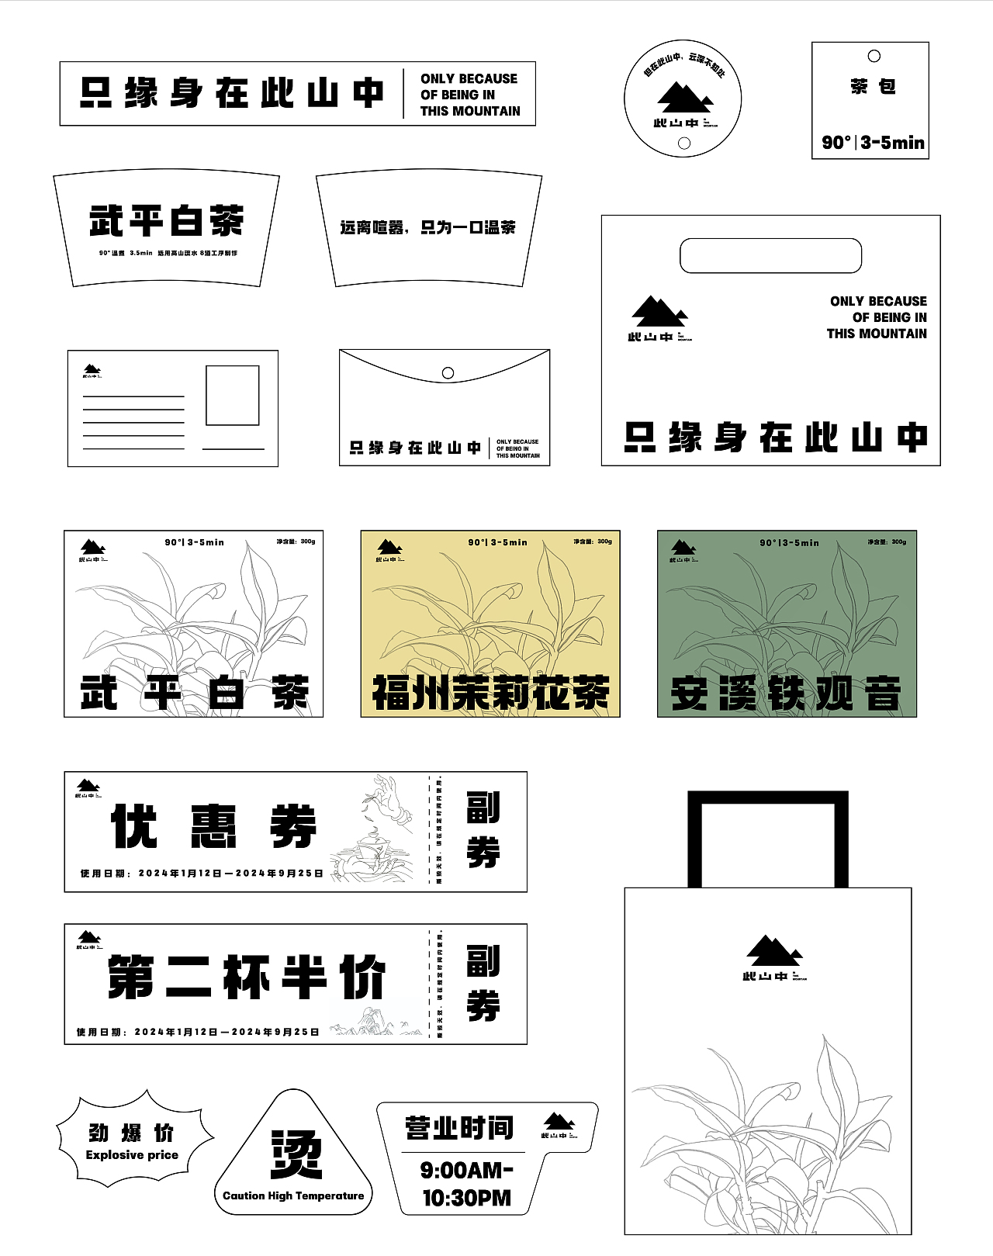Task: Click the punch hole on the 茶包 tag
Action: point(874,56)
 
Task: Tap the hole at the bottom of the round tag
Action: point(684,143)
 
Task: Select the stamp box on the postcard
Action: point(232,396)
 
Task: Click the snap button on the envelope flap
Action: point(448,373)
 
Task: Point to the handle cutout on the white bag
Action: point(770,256)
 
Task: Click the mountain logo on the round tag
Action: point(684,96)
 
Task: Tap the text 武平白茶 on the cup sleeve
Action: point(166,220)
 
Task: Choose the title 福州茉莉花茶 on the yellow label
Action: point(490,693)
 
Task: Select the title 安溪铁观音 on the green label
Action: point(786,693)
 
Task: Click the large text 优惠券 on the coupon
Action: point(214,826)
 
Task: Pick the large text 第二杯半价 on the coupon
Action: point(247,977)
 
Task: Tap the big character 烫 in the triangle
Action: point(296,1154)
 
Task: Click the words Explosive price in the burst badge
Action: point(132,1155)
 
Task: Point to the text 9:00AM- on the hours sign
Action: point(466,1170)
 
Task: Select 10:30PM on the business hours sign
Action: point(466,1198)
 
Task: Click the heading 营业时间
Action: point(458,1128)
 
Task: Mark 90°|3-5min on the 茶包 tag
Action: point(873,143)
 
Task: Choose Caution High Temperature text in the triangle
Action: point(293,1195)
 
